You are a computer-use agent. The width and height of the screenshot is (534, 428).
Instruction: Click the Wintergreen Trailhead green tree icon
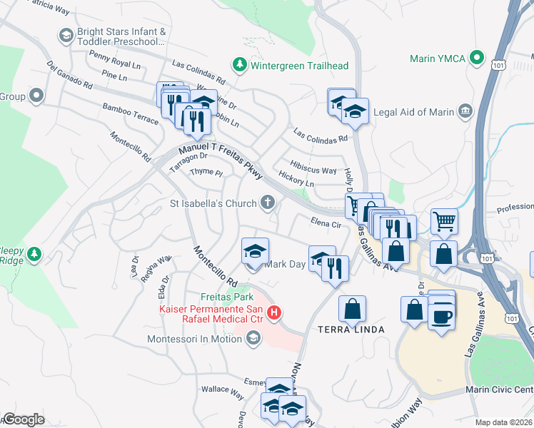pos(241,66)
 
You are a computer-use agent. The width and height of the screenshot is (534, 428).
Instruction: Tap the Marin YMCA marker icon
pos(476,58)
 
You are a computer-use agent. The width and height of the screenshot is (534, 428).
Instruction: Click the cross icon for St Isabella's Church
pos(268,203)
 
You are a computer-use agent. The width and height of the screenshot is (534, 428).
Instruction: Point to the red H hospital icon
pos(272,312)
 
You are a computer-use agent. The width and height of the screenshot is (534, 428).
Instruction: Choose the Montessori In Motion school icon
pos(252,340)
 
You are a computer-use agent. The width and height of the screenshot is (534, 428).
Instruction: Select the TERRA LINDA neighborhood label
pos(351,330)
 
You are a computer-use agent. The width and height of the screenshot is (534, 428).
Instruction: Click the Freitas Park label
pos(226,297)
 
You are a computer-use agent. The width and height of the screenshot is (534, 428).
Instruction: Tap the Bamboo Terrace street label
pos(130,113)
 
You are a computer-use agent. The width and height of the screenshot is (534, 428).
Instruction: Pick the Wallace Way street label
pos(222,389)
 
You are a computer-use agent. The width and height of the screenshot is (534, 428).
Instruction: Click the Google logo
pos(24,419)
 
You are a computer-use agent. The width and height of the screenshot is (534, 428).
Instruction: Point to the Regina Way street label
pos(160,268)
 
